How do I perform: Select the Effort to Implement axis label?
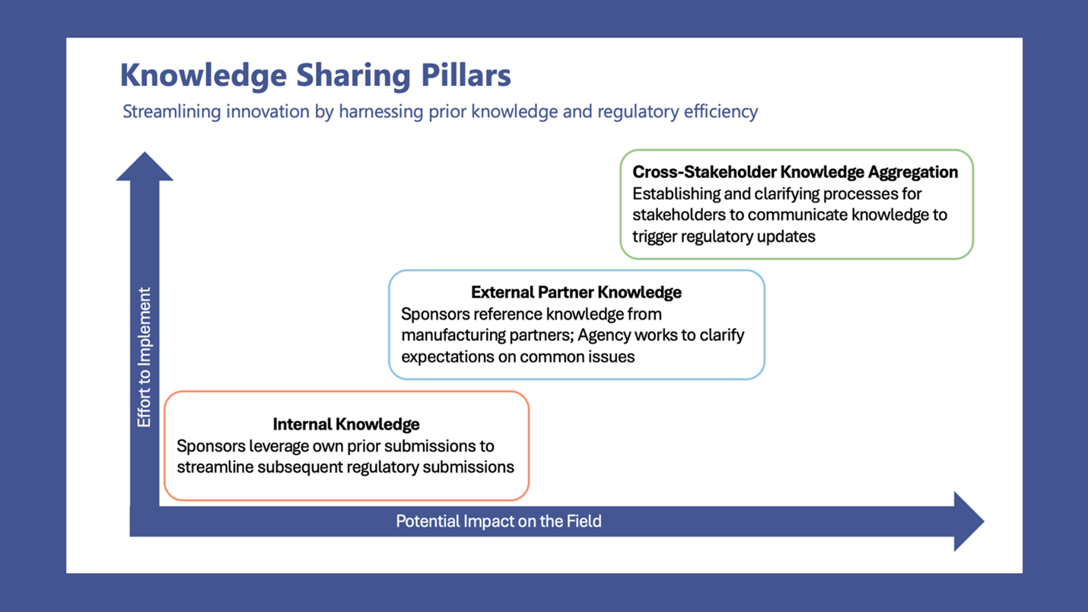[144, 357]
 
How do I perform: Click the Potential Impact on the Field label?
[498, 521]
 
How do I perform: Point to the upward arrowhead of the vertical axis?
[145, 167]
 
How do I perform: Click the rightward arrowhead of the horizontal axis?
[968, 521]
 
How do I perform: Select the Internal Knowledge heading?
[346, 424]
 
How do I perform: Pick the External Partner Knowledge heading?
[576, 292]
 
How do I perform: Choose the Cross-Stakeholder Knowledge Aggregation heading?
[795, 172]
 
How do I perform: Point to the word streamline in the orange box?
[215, 467]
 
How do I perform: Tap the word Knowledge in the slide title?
[203, 75]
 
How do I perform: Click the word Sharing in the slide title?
[352, 75]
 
